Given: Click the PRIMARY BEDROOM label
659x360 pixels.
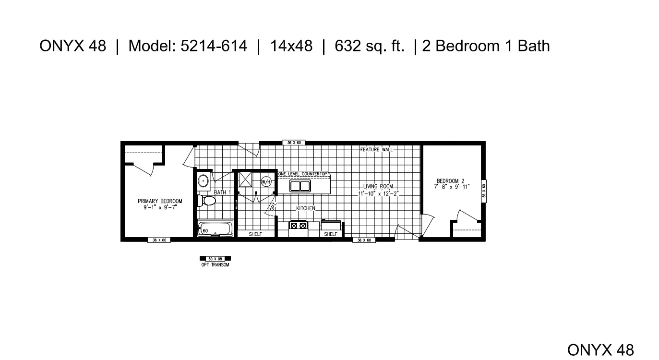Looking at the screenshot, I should click(x=160, y=201).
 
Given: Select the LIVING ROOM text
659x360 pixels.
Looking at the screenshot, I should click(x=378, y=186).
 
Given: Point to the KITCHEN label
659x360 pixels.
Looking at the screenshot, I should click(x=305, y=208).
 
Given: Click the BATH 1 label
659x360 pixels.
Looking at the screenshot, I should click(x=222, y=192).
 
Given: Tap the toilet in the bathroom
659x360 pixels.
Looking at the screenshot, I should click(x=207, y=200).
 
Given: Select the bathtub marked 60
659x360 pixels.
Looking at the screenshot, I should click(x=215, y=228).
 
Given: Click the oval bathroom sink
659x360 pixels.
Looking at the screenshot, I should click(x=204, y=181).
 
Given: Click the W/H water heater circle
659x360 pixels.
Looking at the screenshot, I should click(x=266, y=182).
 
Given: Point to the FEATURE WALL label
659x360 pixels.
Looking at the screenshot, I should click(x=376, y=150).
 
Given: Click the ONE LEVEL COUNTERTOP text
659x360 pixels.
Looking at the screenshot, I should click(x=302, y=174).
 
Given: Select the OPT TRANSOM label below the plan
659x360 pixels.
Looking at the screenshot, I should click(x=215, y=265).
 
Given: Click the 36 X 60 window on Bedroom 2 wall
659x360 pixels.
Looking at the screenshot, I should click(x=484, y=191).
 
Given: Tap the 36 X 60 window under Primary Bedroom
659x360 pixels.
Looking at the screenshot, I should click(x=159, y=240).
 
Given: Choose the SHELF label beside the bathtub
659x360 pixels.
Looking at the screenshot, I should click(x=255, y=234).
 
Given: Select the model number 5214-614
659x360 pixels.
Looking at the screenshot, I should click(x=214, y=46).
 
